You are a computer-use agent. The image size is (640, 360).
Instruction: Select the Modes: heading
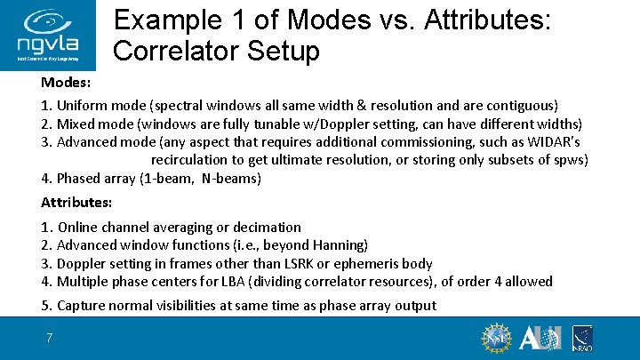point(66,83)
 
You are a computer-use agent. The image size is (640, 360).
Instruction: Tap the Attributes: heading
point(77,202)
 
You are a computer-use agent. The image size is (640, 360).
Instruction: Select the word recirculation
point(192,159)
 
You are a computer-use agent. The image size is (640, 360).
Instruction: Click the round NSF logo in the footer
point(496,339)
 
